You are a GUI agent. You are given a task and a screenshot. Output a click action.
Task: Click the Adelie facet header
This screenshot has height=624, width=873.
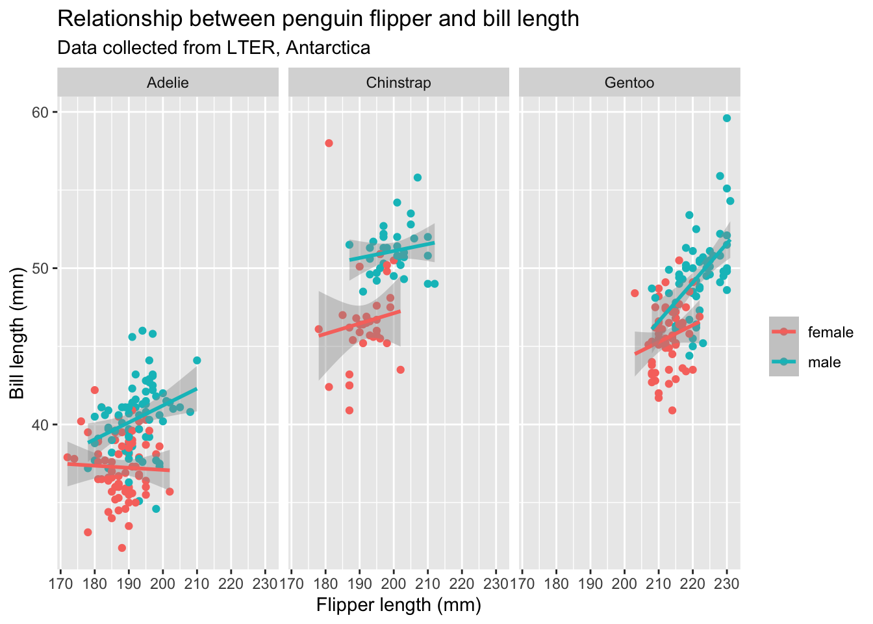(x=168, y=83)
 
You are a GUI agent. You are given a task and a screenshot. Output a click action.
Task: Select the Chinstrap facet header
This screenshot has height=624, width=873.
(x=398, y=83)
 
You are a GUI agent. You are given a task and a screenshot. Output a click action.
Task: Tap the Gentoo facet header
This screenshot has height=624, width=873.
(x=629, y=83)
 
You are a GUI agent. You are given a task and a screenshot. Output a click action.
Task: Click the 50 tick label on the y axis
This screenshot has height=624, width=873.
(x=41, y=268)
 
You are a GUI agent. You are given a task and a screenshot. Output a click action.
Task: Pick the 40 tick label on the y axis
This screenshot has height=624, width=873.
(x=41, y=424)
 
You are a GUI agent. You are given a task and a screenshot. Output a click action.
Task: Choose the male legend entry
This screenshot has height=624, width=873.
(x=824, y=362)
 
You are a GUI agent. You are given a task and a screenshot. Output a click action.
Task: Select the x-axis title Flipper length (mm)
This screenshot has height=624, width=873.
(x=398, y=605)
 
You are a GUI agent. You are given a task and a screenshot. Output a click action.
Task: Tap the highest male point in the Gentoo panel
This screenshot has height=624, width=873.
(x=727, y=118)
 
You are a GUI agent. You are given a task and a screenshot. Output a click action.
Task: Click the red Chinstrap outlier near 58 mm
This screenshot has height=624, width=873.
(x=329, y=143)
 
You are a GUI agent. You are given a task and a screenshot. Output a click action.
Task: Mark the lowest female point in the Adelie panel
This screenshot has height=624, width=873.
(x=122, y=548)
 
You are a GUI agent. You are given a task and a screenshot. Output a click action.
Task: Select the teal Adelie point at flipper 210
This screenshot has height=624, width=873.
(x=197, y=360)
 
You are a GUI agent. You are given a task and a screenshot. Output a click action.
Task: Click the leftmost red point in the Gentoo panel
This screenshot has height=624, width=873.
(x=635, y=293)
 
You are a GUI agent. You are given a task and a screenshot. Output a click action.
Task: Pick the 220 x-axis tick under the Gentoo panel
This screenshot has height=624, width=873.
(x=692, y=582)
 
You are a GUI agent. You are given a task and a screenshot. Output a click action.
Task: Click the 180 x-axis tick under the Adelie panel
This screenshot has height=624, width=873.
(x=94, y=582)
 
